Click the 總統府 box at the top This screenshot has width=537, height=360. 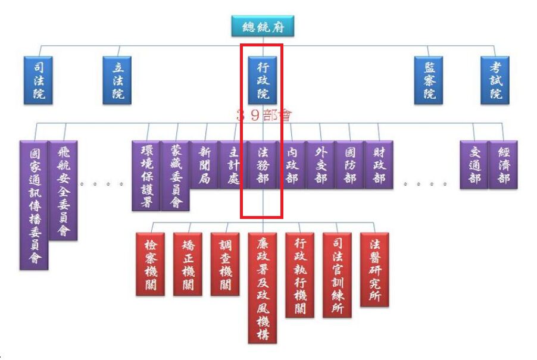263,26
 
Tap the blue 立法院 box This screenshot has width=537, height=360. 118,80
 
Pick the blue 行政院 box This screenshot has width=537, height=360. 263,80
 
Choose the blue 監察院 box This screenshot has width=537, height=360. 429,80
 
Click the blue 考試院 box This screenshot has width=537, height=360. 496,80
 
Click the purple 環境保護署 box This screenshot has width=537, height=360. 146,175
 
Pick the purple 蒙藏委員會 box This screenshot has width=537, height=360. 175,175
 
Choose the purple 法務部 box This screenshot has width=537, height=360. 262,164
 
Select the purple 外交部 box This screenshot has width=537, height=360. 320,164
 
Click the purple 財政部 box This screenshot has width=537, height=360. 379,164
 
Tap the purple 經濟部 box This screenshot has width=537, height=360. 503,164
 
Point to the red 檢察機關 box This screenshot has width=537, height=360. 150,264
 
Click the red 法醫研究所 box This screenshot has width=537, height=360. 374,269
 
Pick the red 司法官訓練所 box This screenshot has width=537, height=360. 337,274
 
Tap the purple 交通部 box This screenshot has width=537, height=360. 474,164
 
